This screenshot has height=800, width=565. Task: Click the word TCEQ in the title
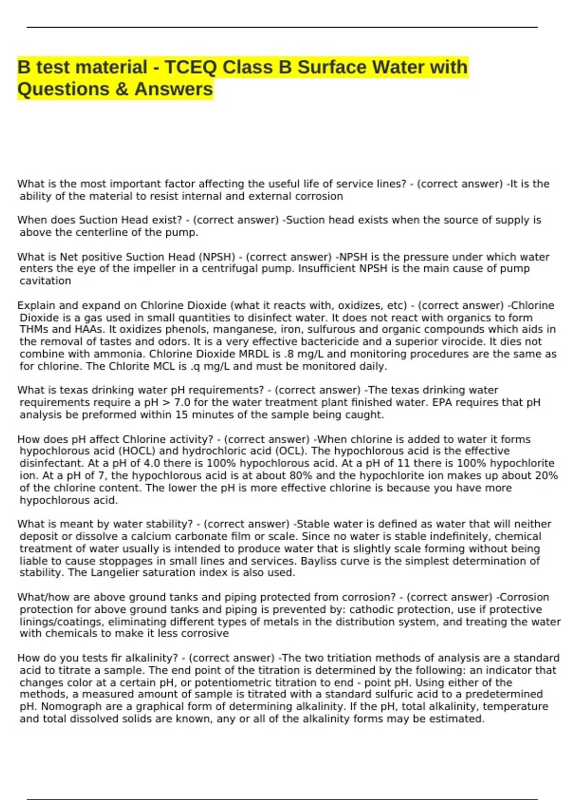190,67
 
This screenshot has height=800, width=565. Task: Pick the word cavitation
45,281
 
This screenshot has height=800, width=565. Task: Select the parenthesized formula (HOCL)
137,451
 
